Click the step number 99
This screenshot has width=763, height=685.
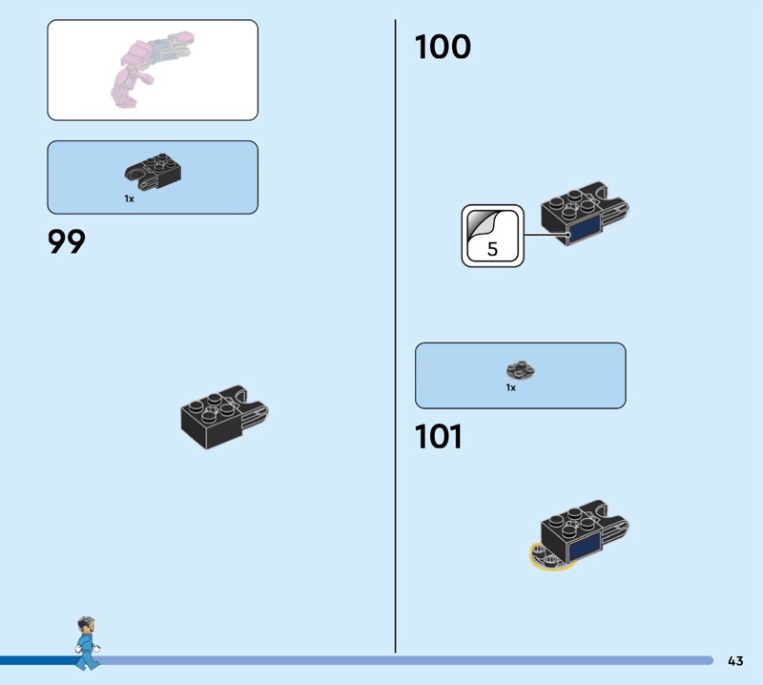tap(67, 242)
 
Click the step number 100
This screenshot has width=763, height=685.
tap(443, 47)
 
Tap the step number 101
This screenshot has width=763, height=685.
tap(438, 437)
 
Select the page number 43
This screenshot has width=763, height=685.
tap(735, 660)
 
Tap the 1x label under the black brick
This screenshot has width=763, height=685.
tap(129, 198)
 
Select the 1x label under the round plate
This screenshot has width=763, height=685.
tap(511, 388)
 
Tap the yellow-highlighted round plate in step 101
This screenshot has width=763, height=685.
tap(546, 557)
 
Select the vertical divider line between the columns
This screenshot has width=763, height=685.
tap(395, 334)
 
